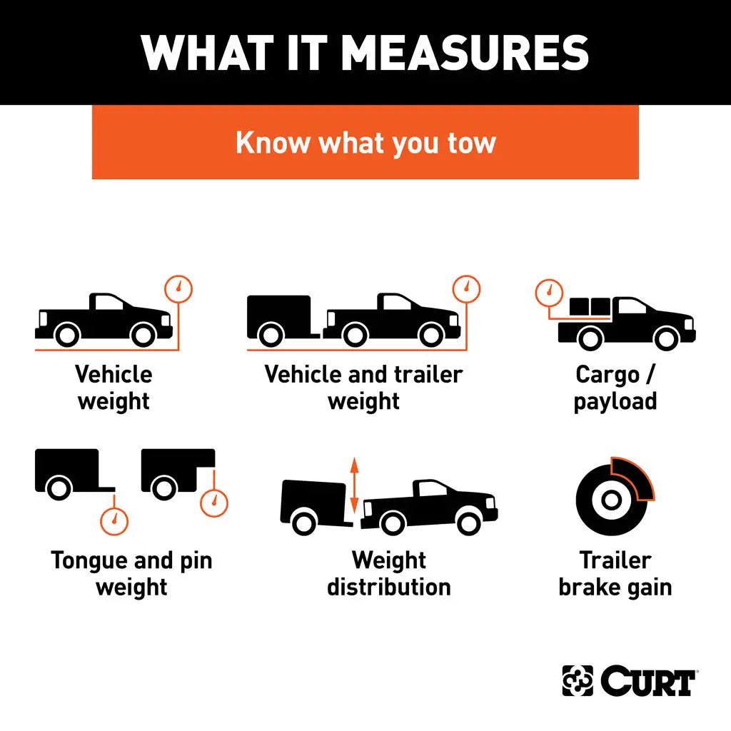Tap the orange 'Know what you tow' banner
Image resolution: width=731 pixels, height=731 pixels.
tap(365, 142)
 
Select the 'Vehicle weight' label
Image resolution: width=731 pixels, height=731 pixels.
tap(114, 388)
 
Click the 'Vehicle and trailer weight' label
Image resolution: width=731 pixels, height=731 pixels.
tap(363, 388)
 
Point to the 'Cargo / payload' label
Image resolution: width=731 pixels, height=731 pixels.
tap(615, 388)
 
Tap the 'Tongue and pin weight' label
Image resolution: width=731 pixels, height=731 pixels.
tap(131, 573)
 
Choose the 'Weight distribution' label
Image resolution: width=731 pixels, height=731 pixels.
tap(389, 573)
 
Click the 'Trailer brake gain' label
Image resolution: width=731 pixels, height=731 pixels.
tap(615, 573)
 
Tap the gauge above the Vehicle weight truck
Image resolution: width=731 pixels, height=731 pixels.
tap(178, 288)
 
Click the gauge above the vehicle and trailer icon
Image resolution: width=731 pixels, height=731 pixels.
tap(467, 288)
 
